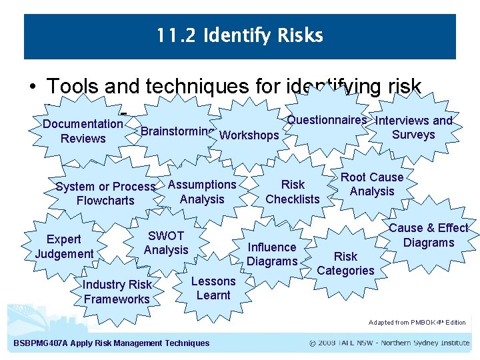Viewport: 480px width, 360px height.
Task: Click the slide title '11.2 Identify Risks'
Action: pos(239,35)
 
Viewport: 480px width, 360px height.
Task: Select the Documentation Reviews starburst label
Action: pos(83,131)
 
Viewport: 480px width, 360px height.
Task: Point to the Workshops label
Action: pos(249,135)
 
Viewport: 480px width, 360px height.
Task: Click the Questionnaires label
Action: pos(327,120)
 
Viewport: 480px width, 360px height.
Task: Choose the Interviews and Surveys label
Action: pos(413,127)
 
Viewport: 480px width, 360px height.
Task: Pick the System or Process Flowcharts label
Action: pos(105,193)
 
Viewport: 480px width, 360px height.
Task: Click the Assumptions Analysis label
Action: pos(202,191)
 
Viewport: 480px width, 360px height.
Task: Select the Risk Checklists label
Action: pos(293,191)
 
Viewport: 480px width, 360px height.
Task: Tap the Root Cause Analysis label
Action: pos(372,184)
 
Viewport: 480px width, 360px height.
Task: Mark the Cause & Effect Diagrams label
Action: pos(428,235)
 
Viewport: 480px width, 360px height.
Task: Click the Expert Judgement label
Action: pos(64,246)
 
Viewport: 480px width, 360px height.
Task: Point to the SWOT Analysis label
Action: pos(166,243)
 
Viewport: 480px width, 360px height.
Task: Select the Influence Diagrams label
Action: pos(271,254)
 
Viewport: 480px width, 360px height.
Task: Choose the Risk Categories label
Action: pos(345,263)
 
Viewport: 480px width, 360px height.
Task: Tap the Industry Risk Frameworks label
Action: pos(117,292)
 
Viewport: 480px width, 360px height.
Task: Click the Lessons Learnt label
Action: pos(213,288)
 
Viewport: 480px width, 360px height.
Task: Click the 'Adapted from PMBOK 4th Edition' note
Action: pos(417,323)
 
